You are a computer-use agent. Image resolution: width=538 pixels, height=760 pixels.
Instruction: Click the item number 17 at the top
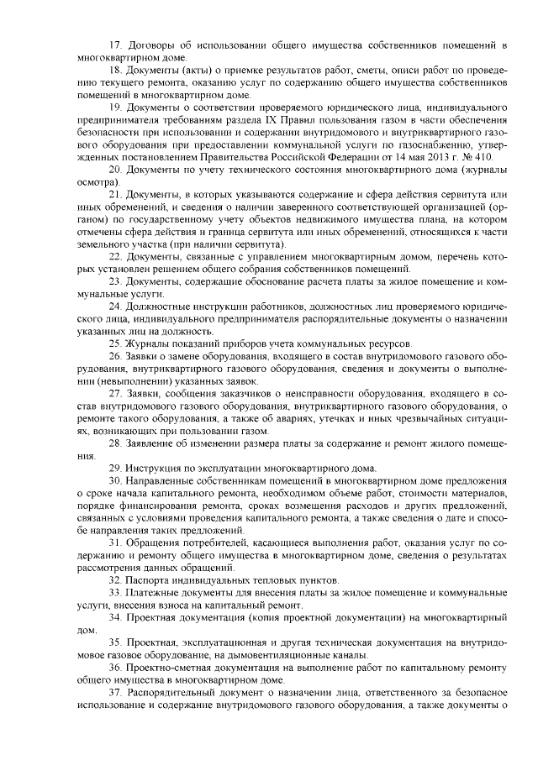pyautogui.click(x=116, y=43)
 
